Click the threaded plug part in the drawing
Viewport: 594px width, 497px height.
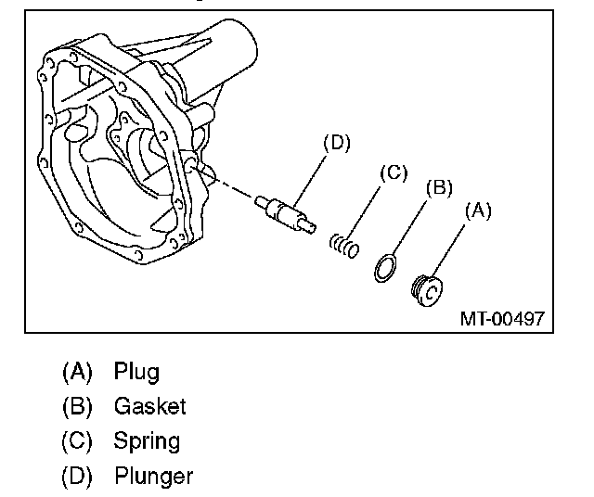point(427,291)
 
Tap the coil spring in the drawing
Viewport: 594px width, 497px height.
point(344,246)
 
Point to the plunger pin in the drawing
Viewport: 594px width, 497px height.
point(285,214)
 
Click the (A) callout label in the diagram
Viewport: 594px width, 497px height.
point(478,210)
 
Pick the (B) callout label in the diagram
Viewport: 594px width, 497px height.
point(439,187)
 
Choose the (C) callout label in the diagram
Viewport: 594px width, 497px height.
point(394,173)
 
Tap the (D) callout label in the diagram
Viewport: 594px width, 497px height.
point(337,143)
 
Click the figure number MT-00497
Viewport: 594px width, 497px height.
point(502,319)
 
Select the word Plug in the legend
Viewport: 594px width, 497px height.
point(136,372)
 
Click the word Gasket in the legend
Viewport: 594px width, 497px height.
point(150,406)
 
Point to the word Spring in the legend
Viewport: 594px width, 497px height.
point(147,441)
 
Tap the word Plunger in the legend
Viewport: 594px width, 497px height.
point(154,477)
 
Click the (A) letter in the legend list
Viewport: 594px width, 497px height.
point(77,372)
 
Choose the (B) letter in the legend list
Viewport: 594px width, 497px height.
point(77,406)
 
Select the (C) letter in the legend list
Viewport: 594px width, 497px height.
point(77,441)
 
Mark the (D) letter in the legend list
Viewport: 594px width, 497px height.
point(77,477)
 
